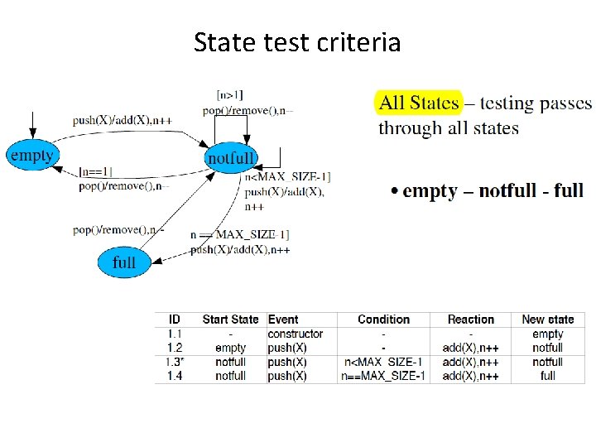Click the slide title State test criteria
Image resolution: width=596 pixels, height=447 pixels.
click(x=297, y=41)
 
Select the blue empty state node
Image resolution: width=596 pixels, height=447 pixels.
click(x=31, y=156)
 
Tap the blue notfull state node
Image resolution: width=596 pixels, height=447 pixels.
click(x=232, y=157)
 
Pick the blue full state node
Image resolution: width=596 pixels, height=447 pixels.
click(x=123, y=262)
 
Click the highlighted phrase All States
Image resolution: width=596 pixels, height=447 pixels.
click(x=418, y=103)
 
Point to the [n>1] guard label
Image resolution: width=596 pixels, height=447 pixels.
click(x=229, y=95)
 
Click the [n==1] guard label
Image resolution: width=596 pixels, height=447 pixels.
click(x=96, y=172)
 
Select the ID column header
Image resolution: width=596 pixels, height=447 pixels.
click(x=175, y=320)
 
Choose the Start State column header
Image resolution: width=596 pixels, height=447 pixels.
click(x=230, y=320)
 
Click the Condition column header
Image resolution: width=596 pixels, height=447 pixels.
click(x=383, y=320)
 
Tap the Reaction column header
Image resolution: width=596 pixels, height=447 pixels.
click(x=470, y=320)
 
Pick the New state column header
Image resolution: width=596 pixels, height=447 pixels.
click(x=547, y=320)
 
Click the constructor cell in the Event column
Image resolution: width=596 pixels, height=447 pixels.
click(x=296, y=334)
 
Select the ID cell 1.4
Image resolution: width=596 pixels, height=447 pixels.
click(x=175, y=376)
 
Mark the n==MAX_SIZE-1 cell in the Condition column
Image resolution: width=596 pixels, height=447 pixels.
click(x=383, y=376)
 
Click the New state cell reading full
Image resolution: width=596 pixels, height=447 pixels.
click(x=547, y=376)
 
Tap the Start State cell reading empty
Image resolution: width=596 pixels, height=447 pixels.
click(x=230, y=348)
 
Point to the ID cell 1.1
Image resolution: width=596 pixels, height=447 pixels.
click(x=175, y=334)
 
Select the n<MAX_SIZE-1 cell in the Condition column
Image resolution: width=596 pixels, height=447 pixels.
click(x=383, y=362)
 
